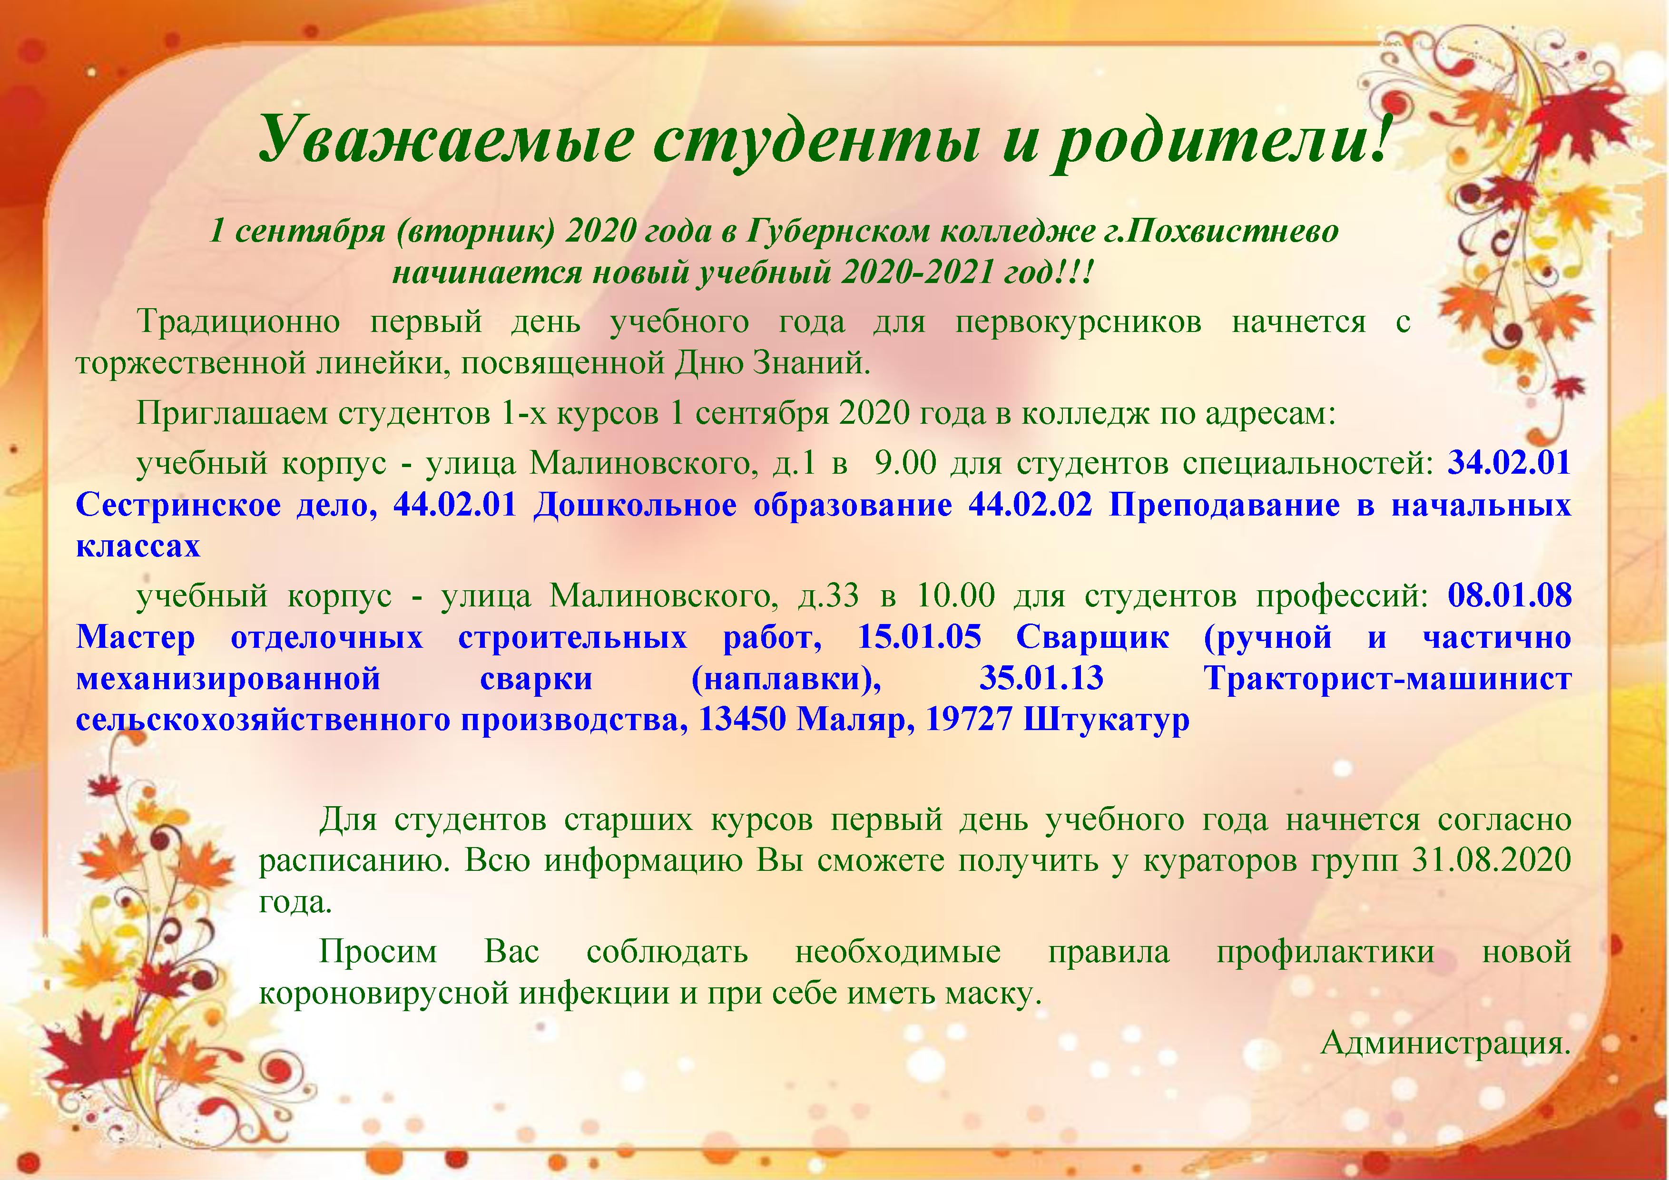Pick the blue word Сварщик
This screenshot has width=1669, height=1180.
tap(1092, 638)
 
